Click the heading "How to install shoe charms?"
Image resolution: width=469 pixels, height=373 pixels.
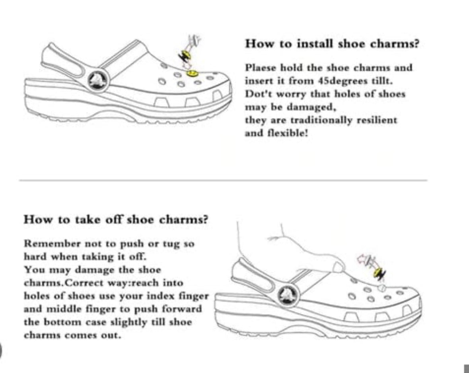(x=332, y=43)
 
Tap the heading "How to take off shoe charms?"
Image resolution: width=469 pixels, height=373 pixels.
(x=116, y=220)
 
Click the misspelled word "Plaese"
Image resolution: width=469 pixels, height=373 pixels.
(x=259, y=68)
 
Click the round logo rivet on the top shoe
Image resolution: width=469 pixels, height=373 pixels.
(x=96, y=80)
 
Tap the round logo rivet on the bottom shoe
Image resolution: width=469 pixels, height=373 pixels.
(x=286, y=295)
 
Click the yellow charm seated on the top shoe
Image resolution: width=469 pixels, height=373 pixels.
(x=192, y=73)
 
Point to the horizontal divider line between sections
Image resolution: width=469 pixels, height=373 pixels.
(x=223, y=181)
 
